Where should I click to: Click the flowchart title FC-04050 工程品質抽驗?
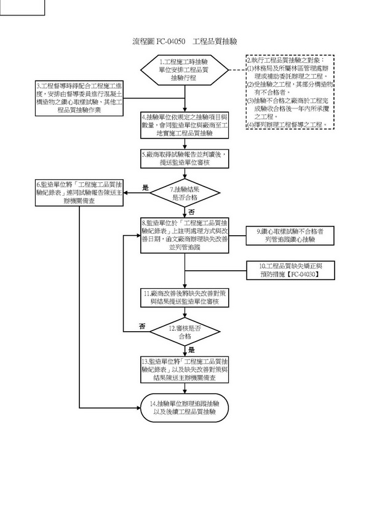coord(184,41)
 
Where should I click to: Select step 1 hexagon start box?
coord(184,70)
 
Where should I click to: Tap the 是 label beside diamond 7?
coord(146,187)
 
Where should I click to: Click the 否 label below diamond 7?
coord(191,211)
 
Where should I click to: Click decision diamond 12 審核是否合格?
coord(185,333)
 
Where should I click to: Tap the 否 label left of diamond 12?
coord(142,326)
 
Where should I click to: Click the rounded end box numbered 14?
coord(185,407)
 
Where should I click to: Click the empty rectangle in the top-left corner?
coord(22,7)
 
